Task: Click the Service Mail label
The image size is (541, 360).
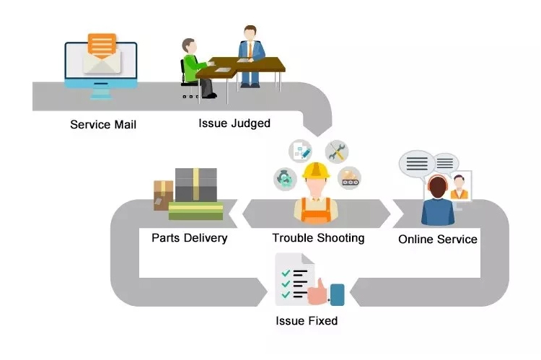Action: coord(103,124)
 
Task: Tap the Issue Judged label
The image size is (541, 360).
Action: coord(234,123)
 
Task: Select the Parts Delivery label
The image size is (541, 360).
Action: coord(189,237)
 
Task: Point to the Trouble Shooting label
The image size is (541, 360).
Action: coord(318,237)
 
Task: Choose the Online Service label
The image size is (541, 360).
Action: coord(438,239)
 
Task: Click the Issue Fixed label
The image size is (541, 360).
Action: coord(307,320)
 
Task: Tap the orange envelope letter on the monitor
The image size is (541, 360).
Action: coord(101,45)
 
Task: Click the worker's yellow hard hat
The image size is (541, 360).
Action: coord(316,171)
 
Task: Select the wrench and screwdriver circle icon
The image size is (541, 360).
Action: coord(337,151)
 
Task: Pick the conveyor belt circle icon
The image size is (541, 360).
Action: coord(350,177)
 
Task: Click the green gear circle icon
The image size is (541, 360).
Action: coord(283,177)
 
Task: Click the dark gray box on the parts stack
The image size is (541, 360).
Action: coord(195,185)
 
